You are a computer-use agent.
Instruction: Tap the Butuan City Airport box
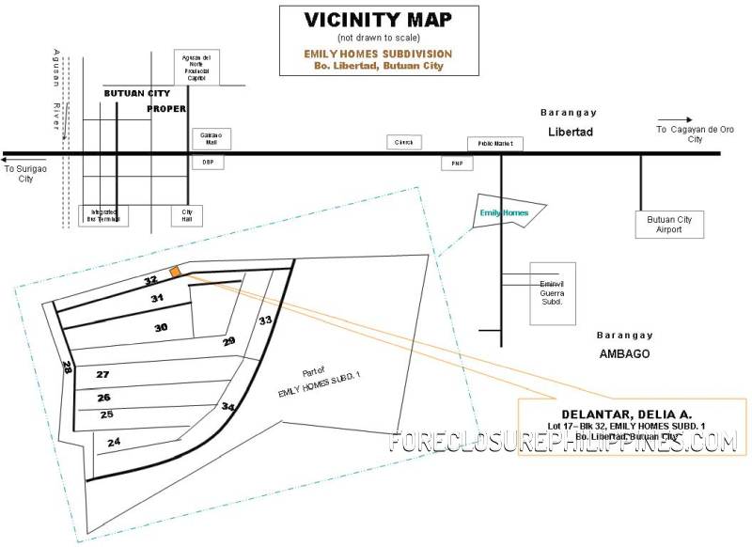pyautogui.click(x=669, y=225)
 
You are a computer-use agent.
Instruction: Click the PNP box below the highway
pyautogui.click(x=458, y=164)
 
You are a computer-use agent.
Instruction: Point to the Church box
pyautogui.click(x=405, y=142)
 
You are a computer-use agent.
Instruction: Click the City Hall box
pyautogui.click(x=187, y=215)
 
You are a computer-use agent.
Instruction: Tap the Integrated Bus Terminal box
pyautogui.click(x=103, y=215)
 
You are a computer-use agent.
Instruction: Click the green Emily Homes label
pyautogui.click(x=505, y=213)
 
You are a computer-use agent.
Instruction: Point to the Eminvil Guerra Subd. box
pyautogui.click(x=552, y=291)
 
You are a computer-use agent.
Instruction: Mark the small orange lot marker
pyautogui.click(x=175, y=272)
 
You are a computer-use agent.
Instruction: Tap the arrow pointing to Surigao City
pyautogui.click(x=20, y=159)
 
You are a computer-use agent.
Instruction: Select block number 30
pyautogui.click(x=162, y=327)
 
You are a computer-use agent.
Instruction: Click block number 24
pyautogui.click(x=114, y=441)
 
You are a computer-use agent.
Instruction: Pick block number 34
pyautogui.click(x=227, y=406)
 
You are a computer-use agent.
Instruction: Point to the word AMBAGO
pyautogui.click(x=625, y=353)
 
